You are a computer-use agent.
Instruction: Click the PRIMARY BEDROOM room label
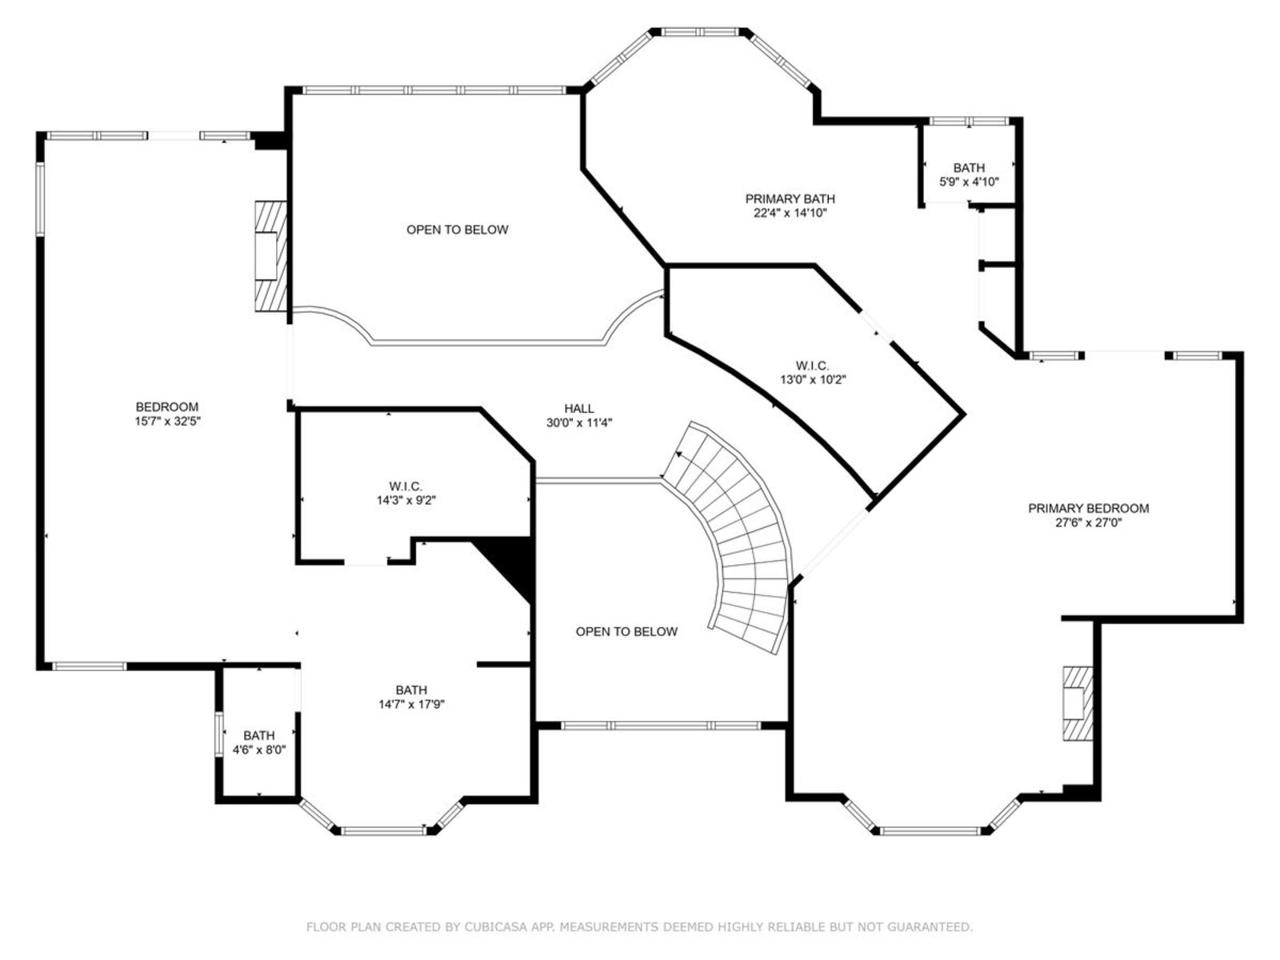pyautogui.click(x=1088, y=508)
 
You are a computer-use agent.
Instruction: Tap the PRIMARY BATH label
pyautogui.click(x=790, y=198)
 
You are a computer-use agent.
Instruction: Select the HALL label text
pyautogui.click(x=578, y=409)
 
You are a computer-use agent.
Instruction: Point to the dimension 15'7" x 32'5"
pyautogui.click(x=167, y=421)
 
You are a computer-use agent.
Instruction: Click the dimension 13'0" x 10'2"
pyautogui.click(x=813, y=380)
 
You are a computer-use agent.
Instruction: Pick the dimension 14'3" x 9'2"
pyautogui.click(x=406, y=500)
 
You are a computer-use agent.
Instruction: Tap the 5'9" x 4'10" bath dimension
pyautogui.click(x=969, y=182)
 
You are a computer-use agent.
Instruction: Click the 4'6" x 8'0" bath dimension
pyautogui.click(x=259, y=750)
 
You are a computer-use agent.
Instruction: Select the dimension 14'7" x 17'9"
pyautogui.click(x=411, y=704)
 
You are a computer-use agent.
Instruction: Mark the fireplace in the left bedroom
pyautogui.click(x=270, y=257)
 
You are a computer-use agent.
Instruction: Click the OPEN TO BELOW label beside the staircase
pyautogui.click(x=626, y=631)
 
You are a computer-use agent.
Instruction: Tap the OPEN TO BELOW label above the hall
pyautogui.click(x=457, y=230)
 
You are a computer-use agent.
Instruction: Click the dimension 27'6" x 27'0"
pyautogui.click(x=1088, y=523)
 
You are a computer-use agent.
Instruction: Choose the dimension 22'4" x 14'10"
pyautogui.click(x=790, y=214)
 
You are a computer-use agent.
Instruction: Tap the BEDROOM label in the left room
pyautogui.click(x=167, y=407)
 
